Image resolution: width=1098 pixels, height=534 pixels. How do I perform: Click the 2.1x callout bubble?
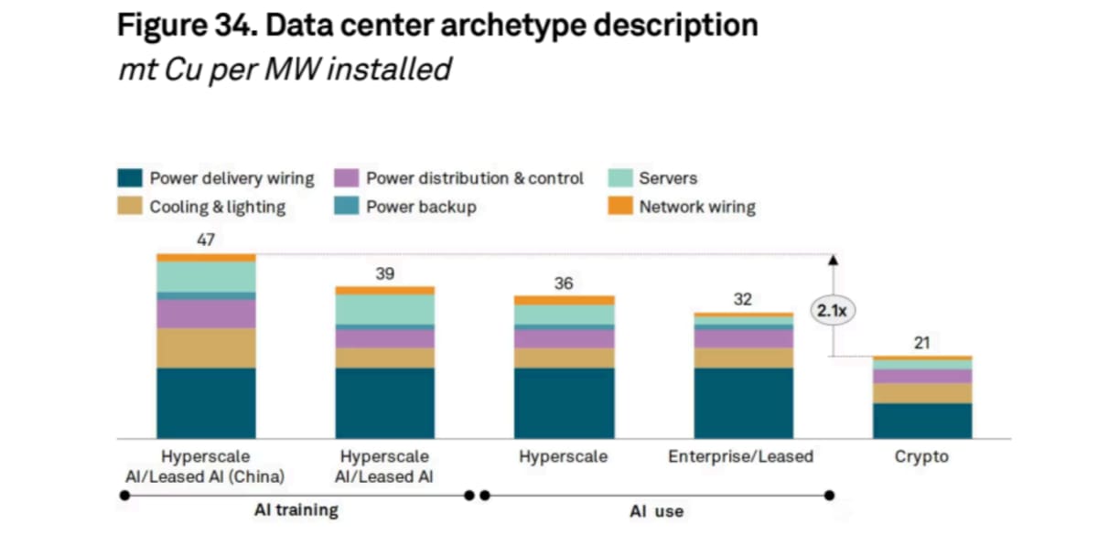(833, 311)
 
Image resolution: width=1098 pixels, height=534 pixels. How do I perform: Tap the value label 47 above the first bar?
(206, 240)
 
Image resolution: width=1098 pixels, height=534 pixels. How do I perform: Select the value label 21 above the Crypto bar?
(922, 343)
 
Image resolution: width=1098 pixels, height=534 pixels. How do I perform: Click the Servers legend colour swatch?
(620, 177)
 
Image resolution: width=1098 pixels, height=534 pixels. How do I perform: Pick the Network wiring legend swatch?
(620, 206)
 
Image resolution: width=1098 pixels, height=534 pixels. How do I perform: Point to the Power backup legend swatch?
(346, 206)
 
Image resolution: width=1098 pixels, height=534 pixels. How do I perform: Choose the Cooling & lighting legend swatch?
(130, 206)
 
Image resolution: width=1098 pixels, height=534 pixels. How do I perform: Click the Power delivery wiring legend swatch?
(130, 177)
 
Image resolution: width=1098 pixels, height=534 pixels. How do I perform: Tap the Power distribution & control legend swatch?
(346, 177)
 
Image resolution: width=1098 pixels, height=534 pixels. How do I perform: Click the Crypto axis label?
(921, 456)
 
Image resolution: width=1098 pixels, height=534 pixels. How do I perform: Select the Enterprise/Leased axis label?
(740, 456)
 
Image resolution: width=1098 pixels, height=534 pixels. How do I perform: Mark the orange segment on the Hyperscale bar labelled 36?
(565, 300)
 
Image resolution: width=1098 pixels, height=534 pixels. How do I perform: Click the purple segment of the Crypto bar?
(922, 376)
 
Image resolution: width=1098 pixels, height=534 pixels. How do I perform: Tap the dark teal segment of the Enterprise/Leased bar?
(744, 403)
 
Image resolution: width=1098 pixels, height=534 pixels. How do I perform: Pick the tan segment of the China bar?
(206, 348)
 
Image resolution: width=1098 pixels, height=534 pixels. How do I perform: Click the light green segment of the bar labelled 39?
(385, 310)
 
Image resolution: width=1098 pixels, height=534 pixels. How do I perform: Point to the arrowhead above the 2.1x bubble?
(834, 260)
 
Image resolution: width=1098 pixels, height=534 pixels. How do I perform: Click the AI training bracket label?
(296, 510)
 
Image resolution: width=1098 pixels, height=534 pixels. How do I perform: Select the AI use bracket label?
(656, 511)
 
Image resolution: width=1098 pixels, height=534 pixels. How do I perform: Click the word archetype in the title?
(512, 26)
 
